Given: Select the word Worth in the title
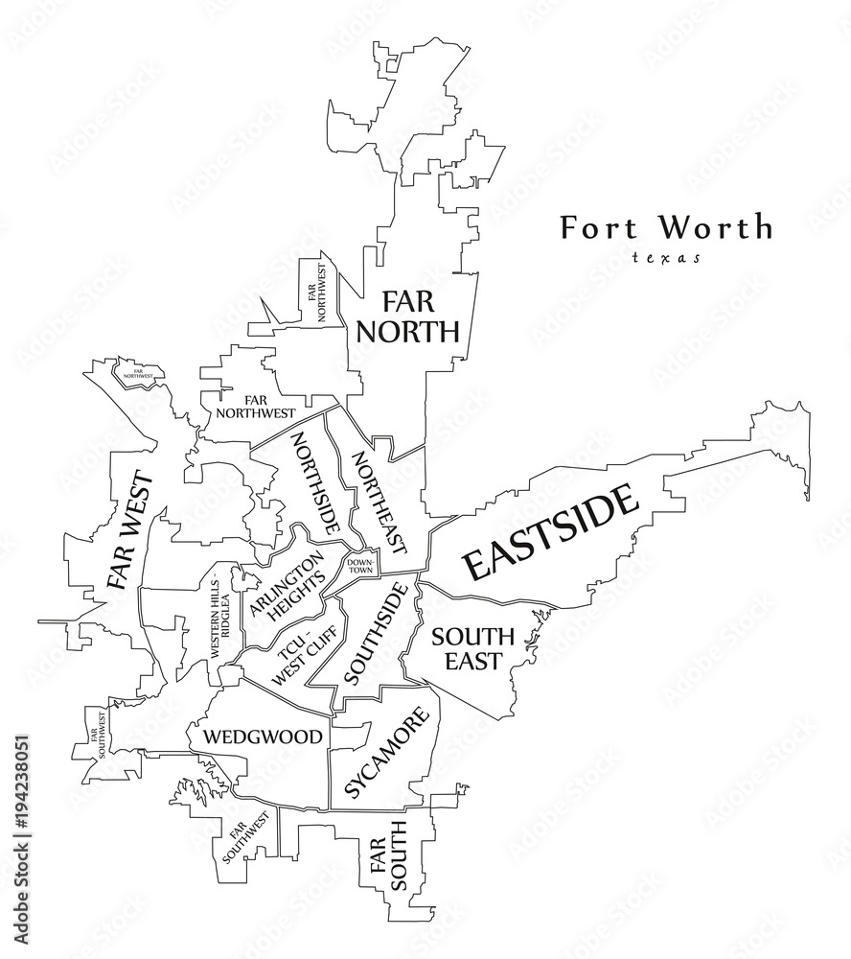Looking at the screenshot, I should (715, 227).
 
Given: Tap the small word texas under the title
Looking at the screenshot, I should (666, 257).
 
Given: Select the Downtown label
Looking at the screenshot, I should (360, 566).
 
